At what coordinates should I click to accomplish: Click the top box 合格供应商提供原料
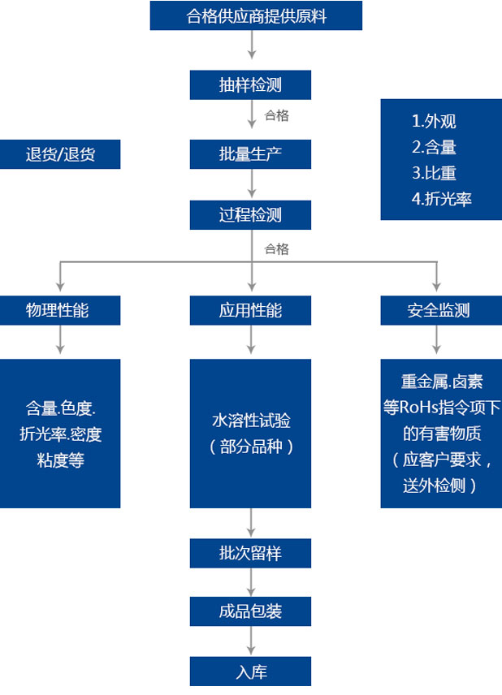[x=256, y=16]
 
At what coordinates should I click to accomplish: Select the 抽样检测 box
[x=250, y=84]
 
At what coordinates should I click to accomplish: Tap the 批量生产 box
[x=250, y=153]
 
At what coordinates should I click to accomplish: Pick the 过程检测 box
[x=250, y=215]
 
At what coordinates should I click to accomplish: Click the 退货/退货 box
[x=60, y=154]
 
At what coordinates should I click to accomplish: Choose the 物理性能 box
[x=60, y=310]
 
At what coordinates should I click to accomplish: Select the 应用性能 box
[x=250, y=310]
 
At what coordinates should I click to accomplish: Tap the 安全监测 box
[x=439, y=310]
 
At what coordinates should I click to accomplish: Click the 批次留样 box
[x=250, y=553]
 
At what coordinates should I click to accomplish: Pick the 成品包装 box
[x=250, y=611]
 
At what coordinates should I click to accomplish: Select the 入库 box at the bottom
[x=250, y=672]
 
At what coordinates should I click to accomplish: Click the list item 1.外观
[x=434, y=122]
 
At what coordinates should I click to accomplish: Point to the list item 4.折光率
[x=442, y=198]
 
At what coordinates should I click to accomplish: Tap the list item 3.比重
[x=434, y=173]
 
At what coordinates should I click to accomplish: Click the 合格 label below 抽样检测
[x=276, y=115]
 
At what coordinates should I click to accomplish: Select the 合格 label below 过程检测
[x=276, y=249]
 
